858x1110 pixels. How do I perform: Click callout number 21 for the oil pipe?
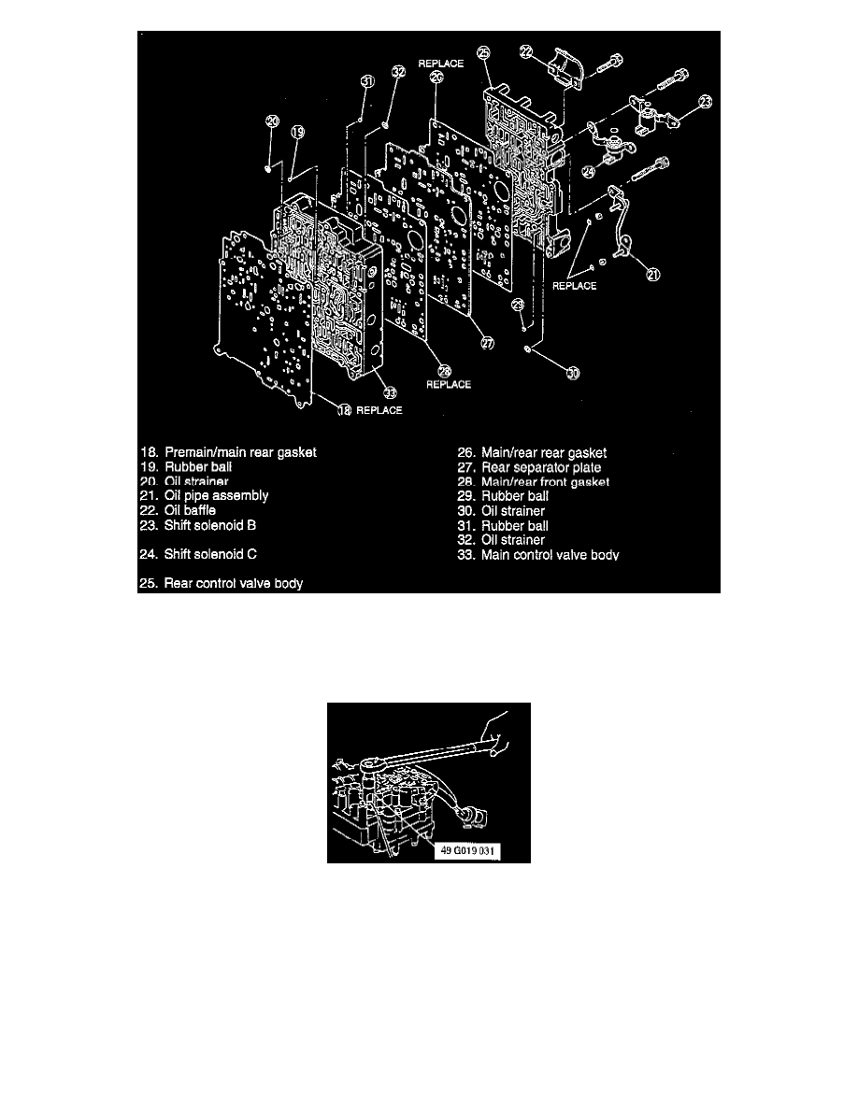(652, 274)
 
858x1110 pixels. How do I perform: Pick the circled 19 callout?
(296, 133)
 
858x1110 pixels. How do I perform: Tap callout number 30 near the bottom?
(571, 373)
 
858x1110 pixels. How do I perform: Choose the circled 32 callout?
(397, 72)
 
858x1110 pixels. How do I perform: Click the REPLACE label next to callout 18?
(379, 410)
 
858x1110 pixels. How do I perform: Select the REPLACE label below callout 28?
(449, 384)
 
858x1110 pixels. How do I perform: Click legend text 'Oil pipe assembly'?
(216, 495)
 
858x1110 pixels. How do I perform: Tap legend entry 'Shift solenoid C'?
(210, 554)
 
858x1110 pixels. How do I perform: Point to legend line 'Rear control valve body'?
(233, 584)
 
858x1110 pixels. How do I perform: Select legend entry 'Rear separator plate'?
(541, 467)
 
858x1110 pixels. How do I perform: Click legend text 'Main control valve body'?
(550, 555)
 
